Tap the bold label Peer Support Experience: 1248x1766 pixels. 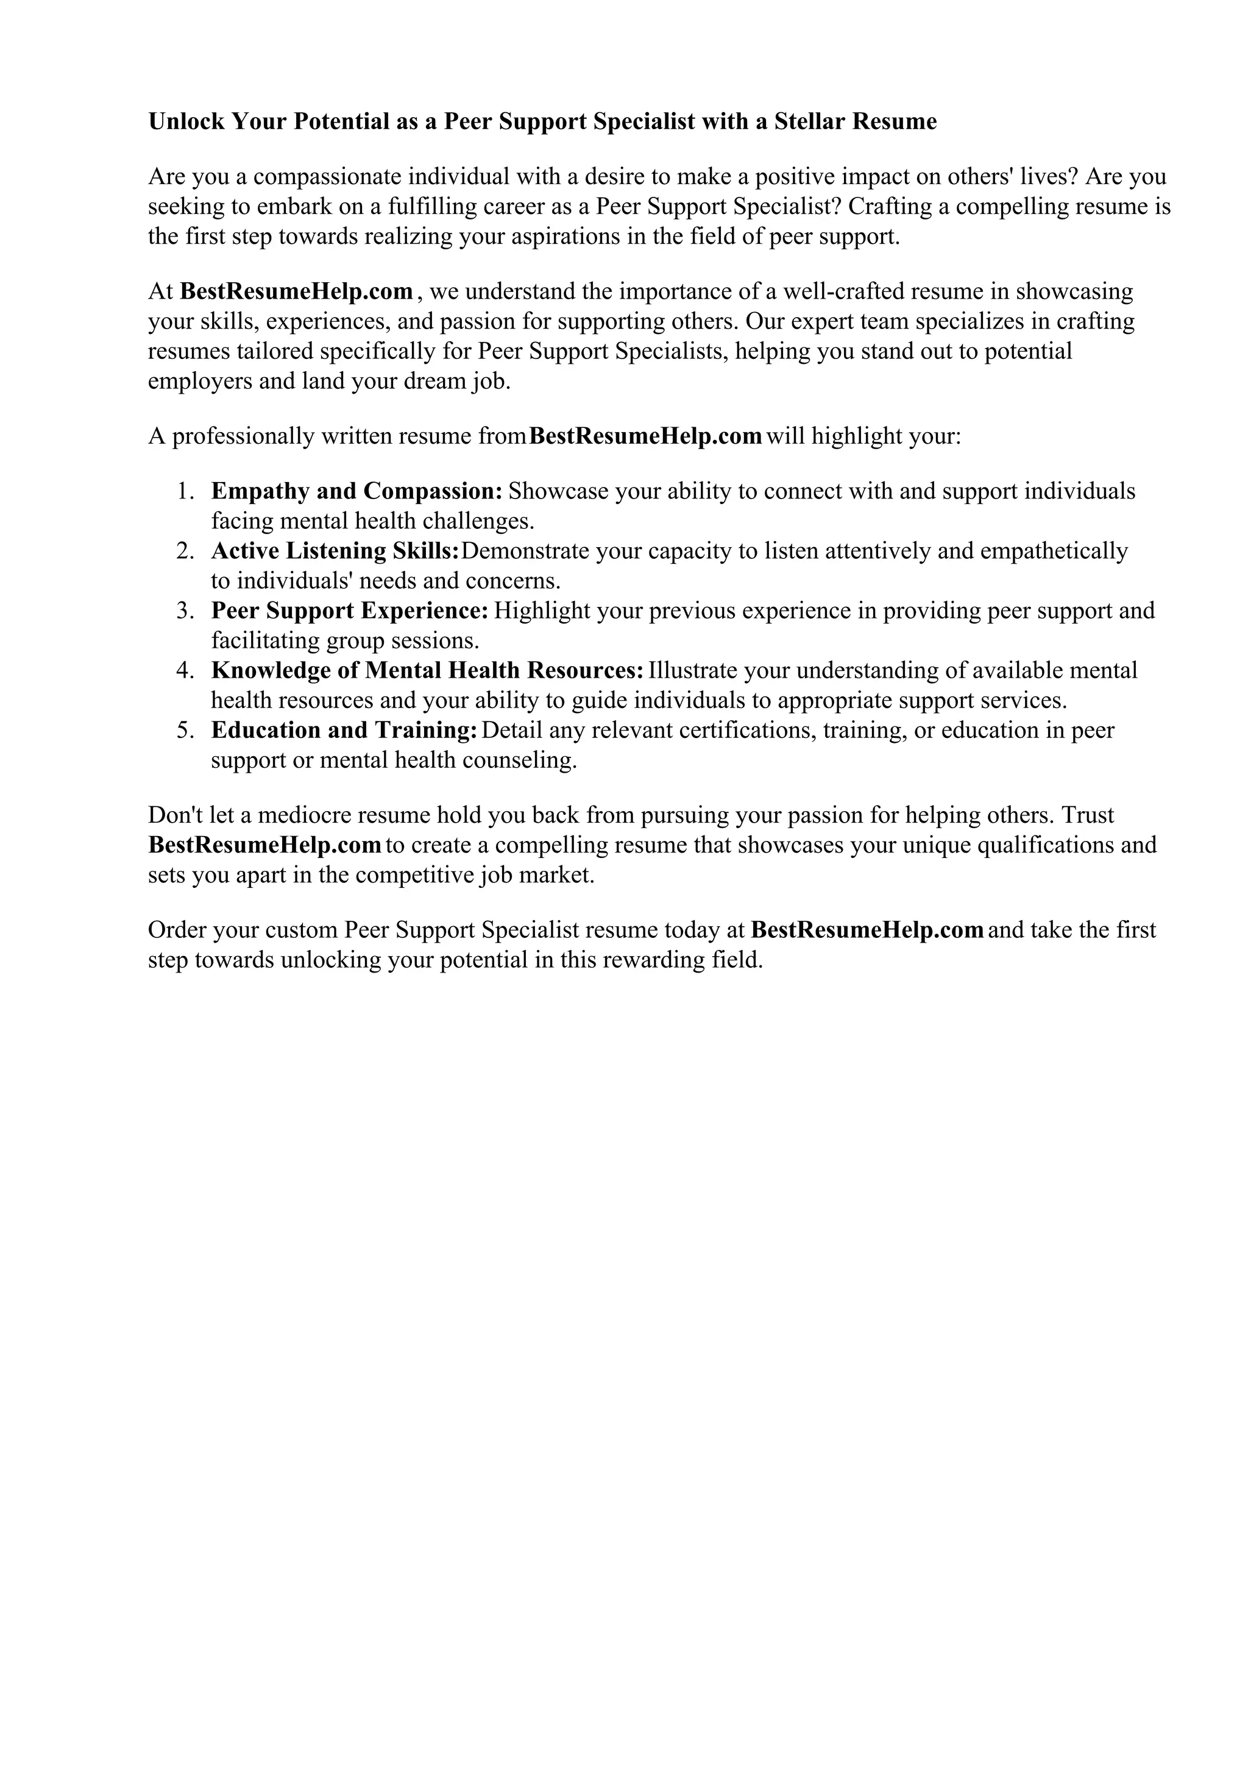[350, 611]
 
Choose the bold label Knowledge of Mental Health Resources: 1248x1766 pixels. [427, 671]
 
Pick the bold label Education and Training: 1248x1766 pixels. [344, 730]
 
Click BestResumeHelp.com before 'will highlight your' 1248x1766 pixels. [645, 436]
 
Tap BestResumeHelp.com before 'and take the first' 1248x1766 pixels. [867, 930]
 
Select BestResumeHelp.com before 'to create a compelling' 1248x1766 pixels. [264, 845]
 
